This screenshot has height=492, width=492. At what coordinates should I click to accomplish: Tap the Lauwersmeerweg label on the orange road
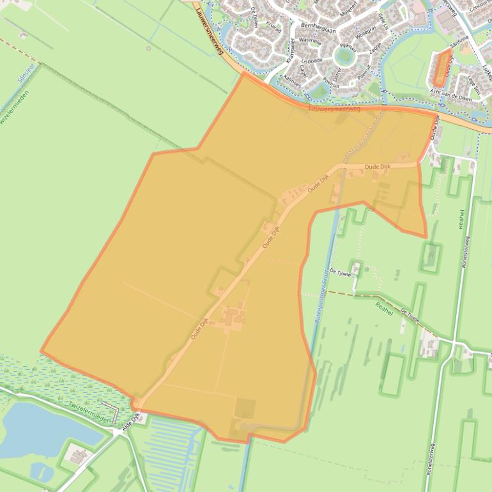click(x=334, y=109)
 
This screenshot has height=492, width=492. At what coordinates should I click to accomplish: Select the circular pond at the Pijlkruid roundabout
click(x=344, y=57)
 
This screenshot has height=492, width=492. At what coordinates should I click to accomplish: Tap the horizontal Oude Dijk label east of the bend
click(x=377, y=167)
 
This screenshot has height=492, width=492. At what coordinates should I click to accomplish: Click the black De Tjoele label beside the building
click(x=339, y=271)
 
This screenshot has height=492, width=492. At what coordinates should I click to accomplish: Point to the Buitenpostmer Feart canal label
click(x=324, y=300)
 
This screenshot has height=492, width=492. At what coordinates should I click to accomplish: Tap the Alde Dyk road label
click(x=130, y=424)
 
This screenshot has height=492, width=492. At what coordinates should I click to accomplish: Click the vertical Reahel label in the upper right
click(x=461, y=219)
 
